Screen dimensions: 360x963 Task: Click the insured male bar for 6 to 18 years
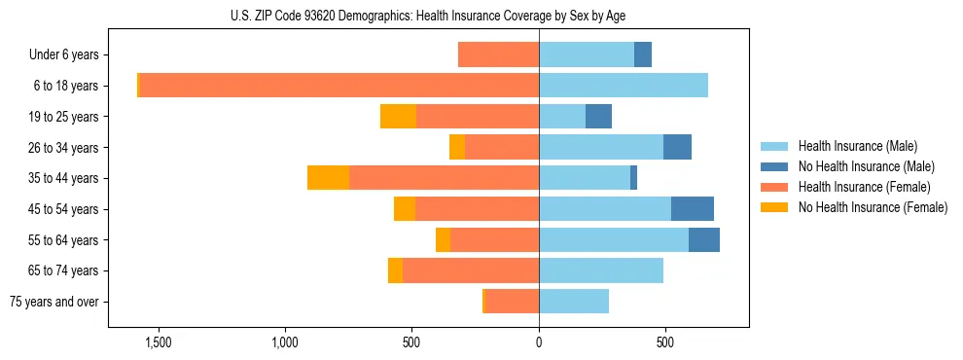tap(624, 85)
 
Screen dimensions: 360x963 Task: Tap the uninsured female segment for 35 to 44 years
tap(328, 178)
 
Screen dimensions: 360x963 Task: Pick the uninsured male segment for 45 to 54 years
tap(692, 208)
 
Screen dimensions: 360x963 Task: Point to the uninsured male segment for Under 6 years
tap(643, 54)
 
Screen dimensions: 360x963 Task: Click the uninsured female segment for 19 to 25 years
tap(398, 116)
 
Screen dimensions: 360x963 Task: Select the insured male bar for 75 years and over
tap(574, 302)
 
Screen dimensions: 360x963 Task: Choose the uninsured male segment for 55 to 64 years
tap(704, 239)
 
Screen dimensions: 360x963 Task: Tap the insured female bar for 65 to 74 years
tap(471, 270)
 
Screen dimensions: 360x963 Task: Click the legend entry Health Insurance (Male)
tap(857, 146)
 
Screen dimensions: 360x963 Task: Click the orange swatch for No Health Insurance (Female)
tap(774, 207)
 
